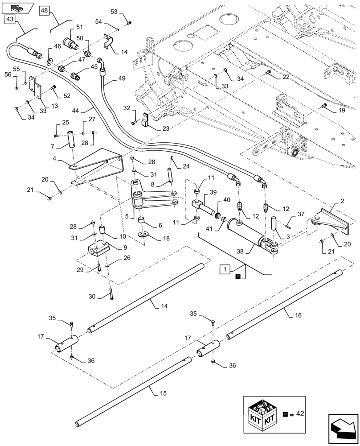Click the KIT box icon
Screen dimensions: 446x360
[x=262, y=413]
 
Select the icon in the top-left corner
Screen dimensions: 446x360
[x=17, y=7]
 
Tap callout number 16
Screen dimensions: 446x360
[x=298, y=314]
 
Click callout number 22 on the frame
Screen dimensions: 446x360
[x=285, y=77]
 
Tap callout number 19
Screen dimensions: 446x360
[x=341, y=109]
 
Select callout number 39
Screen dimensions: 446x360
[x=213, y=192]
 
